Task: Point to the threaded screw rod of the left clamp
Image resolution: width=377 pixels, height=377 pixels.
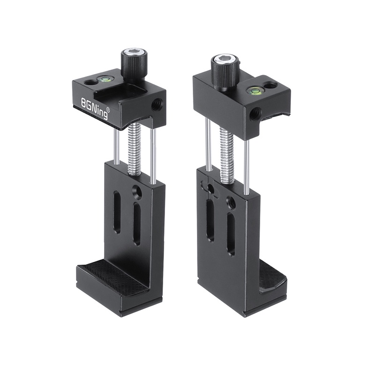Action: click(135, 151)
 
